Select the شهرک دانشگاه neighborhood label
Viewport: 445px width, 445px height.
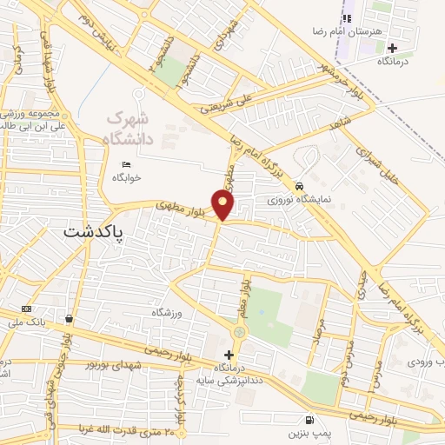click(x=129, y=127)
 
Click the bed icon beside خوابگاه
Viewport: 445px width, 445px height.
click(x=127, y=165)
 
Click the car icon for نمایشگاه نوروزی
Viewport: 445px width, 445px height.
click(x=299, y=186)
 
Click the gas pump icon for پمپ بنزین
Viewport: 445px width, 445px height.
click(x=310, y=420)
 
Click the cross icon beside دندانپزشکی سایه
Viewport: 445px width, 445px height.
click(x=229, y=355)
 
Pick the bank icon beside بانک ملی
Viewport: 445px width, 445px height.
click(x=27, y=309)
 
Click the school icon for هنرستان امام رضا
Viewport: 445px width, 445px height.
click(x=348, y=17)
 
